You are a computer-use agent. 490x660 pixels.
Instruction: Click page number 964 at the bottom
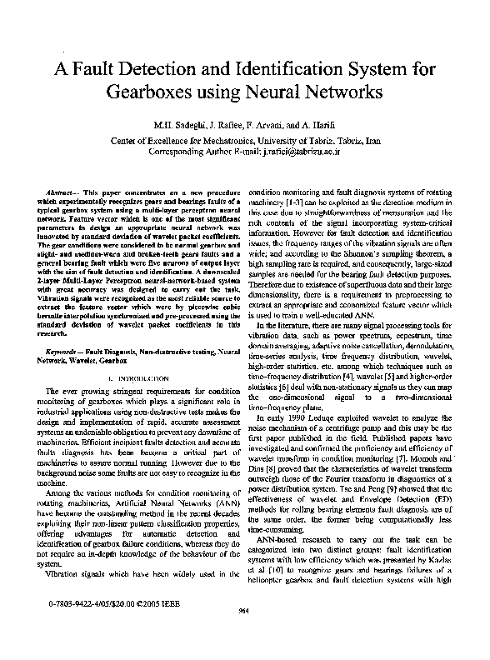(x=244, y=635)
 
